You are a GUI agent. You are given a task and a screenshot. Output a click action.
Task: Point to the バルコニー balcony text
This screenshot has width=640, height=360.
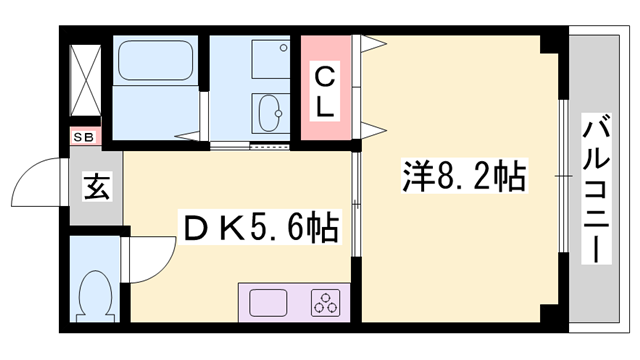pyautogui.click(x=597, y=189)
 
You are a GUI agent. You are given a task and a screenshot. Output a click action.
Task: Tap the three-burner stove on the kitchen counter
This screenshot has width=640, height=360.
pyautogui.click(x=325, y=302)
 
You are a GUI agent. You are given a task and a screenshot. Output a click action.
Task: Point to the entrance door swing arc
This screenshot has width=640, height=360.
pyautogui.click(x=42, y=178)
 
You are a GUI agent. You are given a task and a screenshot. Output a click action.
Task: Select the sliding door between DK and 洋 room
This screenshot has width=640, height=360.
pyautogui.click(x=357, y=200)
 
